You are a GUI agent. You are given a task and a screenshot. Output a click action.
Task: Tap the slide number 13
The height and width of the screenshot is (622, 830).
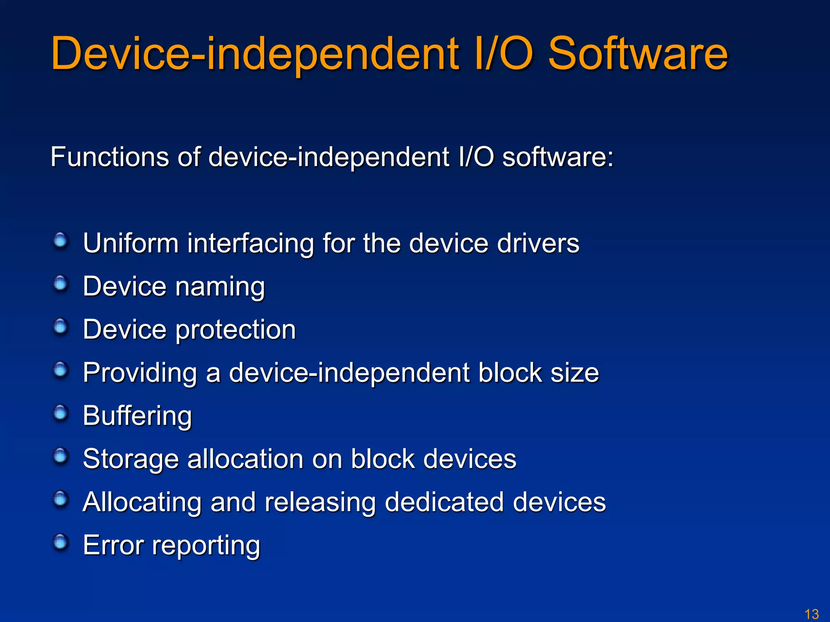(812, 614)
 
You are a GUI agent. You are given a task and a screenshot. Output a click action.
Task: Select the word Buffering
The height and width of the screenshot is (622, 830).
(137, 416)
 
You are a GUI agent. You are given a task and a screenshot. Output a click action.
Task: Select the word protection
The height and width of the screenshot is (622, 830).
(236, 330)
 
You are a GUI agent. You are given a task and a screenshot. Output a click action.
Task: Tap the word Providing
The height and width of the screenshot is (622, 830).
(140, 373)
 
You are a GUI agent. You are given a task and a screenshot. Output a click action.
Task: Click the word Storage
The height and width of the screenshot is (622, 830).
(130, 460)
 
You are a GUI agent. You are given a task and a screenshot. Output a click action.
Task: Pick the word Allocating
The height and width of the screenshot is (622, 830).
(142, 503)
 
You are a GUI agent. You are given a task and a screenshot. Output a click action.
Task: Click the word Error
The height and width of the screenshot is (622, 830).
(113, 545)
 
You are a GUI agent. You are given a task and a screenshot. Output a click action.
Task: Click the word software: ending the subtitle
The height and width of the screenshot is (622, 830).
(558, 157)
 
